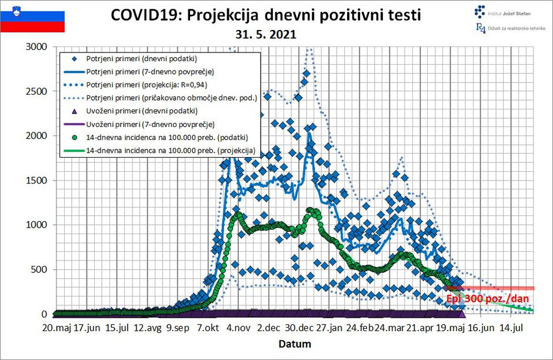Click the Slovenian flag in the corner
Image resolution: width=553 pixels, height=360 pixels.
pos(32,18)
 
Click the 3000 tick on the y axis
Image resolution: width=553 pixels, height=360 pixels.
pos(40,47)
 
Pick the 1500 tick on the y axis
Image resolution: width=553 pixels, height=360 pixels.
pos(40,181)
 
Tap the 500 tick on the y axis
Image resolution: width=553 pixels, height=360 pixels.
pos(42,270)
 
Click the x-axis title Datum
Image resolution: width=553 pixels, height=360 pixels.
pos(295,344)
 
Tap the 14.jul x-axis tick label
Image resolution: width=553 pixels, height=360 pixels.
pos(512,328)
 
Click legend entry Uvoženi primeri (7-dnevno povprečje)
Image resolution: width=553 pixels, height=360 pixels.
pos(149,124)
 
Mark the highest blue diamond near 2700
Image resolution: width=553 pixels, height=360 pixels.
pos(306,74)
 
